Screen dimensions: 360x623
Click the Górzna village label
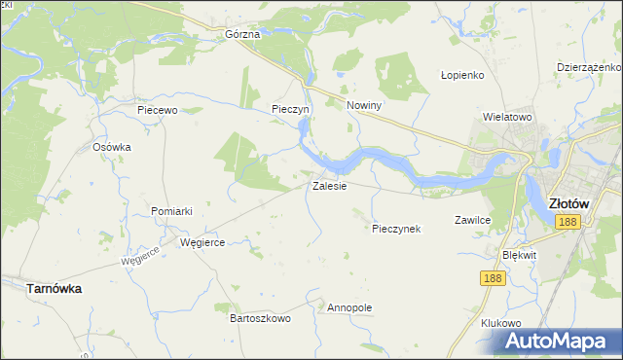tap(242, 34)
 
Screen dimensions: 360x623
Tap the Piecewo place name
tap(157, 110)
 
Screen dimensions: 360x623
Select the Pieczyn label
tap(290, 110)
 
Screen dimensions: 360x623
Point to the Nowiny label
tap(364, 105)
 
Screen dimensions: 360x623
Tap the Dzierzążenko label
tap(588, 67)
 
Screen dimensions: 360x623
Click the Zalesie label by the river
tap(329, 186)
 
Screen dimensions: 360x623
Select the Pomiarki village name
tap(172, 211)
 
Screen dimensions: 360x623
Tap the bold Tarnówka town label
tap(54, 289)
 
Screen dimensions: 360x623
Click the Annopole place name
tap(350, 307)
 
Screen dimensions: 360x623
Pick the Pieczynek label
tap(396, 229)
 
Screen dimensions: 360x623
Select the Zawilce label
tap(472, 221)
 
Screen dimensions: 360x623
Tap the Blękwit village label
tap(519, 254)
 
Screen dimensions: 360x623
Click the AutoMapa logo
tap(560, 341)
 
